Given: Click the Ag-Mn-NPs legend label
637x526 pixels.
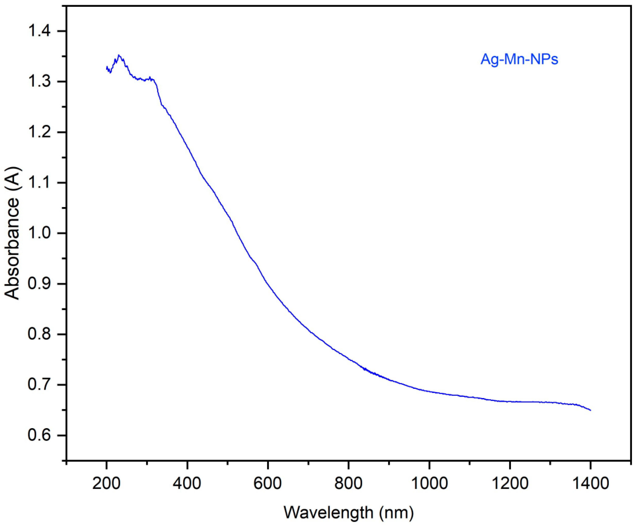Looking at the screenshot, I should [x=519, y=60].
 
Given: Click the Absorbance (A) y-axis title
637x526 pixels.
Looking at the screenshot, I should [x=13, y=233].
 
